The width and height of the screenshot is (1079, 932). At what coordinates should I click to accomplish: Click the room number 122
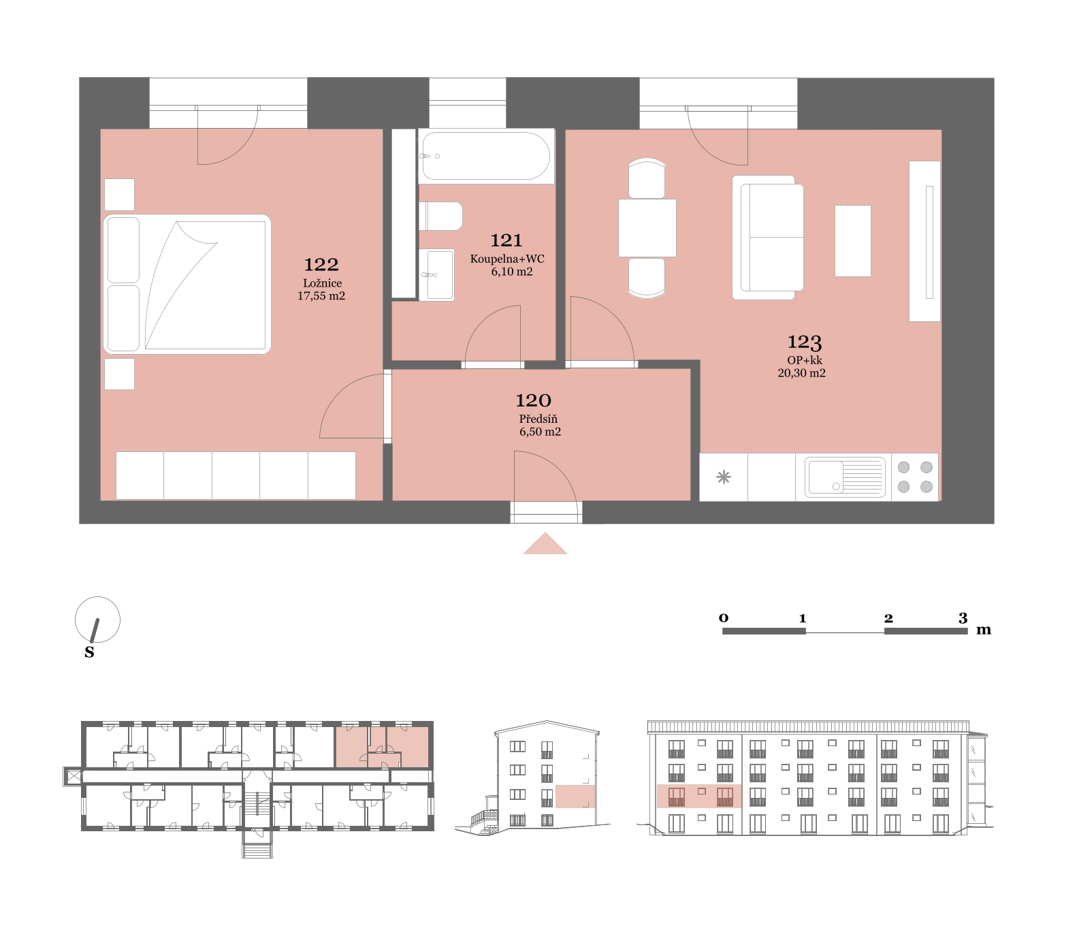pyautogui.click(x=321, y=264)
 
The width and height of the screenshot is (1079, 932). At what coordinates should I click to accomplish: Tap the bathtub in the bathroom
pyautogui.click(x=485, y=156)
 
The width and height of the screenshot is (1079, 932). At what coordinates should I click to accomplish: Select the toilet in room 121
pyautogui.click(x=440, y=216)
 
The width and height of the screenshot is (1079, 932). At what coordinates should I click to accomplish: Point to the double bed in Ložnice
pyautogui.click(x=187, y=284)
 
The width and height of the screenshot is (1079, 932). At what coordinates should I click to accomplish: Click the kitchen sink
pyautogui.click(x=845, y=477)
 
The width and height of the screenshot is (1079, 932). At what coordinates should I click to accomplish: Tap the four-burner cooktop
pyautogui.click(x=915, y=477)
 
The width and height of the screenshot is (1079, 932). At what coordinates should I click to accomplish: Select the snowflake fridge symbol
pyautogui.click(x=724, y=477)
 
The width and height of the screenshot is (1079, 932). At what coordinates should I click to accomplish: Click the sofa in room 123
pyautogui.click(x=768, y=238)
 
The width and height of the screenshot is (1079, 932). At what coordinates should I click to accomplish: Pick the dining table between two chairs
pyautogui.click(x=647, y=227)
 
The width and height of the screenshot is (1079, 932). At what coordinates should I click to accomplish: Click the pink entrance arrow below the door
pyautogui.click(x=545, y=543)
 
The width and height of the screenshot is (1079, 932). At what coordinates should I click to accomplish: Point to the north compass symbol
pyautogui.click(x=97, y=621)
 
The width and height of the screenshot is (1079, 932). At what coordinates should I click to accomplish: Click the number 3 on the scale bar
pyautogui.click(x=963, y=618)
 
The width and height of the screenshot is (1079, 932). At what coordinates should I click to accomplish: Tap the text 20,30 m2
pyautogui.click(x=802, y=373)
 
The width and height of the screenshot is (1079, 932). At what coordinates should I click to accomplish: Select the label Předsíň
pyautogui.click(x=538, y=419)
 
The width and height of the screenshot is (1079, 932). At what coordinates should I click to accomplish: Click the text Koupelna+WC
pyautogui.click(x=507, y=259)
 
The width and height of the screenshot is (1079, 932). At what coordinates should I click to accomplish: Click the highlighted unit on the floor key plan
pyautogui.click(x=382, y=747)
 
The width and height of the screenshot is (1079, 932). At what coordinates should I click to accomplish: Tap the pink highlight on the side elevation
pyautogui.click(x=575, y=797)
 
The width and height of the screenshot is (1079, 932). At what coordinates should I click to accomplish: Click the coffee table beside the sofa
pyautogui.click(x=853, y=241)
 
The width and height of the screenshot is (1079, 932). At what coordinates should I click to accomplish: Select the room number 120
pyautogui.click(x=533, y=400)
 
